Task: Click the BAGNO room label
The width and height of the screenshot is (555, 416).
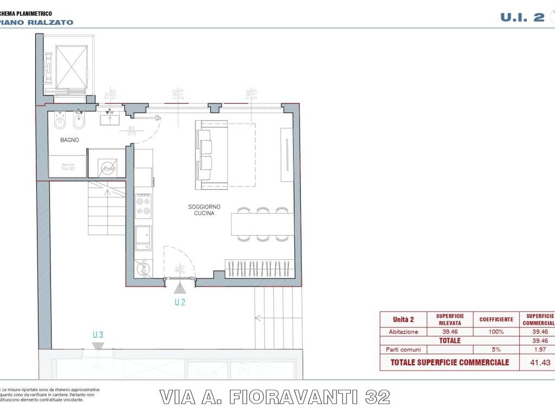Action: pos(70,140)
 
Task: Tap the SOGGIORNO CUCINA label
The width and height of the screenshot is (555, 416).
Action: pos(202,210)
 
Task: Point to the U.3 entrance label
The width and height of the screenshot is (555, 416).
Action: pos(98,335)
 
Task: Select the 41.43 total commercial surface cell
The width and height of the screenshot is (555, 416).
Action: pos(537,362)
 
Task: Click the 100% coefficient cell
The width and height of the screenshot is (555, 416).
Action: pos(496,331)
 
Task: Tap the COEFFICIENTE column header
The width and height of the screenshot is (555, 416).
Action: pos(496,320)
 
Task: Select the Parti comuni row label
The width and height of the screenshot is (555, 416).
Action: pos(403,349)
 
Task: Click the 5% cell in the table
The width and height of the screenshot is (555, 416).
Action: pos(496,349)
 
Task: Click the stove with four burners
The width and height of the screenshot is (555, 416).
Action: pos(143,205)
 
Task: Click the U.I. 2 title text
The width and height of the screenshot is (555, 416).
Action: pos(522,17)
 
